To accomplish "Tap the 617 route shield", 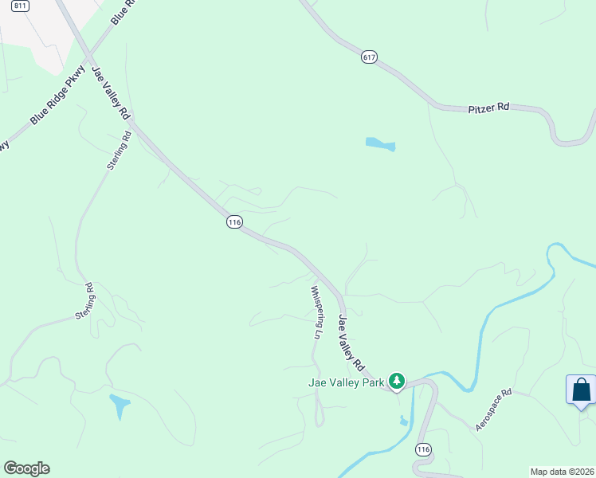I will (368, 57).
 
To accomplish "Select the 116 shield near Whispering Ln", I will (233, 222).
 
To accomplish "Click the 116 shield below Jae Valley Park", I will (423, 450).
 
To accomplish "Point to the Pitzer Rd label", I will (488, 107).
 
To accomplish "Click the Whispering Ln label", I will (316, 312).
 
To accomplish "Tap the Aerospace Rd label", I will (493, 411).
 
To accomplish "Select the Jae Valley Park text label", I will (347, 382).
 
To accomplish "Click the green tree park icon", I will (397, 382).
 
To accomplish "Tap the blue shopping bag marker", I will (581, 390).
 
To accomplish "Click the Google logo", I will (26, 468).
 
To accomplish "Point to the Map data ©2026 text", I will (562, 471).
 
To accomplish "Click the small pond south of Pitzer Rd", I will (380, 144).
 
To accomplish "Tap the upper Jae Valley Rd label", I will (111, 93).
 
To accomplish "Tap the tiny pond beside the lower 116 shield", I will (404, 421).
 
